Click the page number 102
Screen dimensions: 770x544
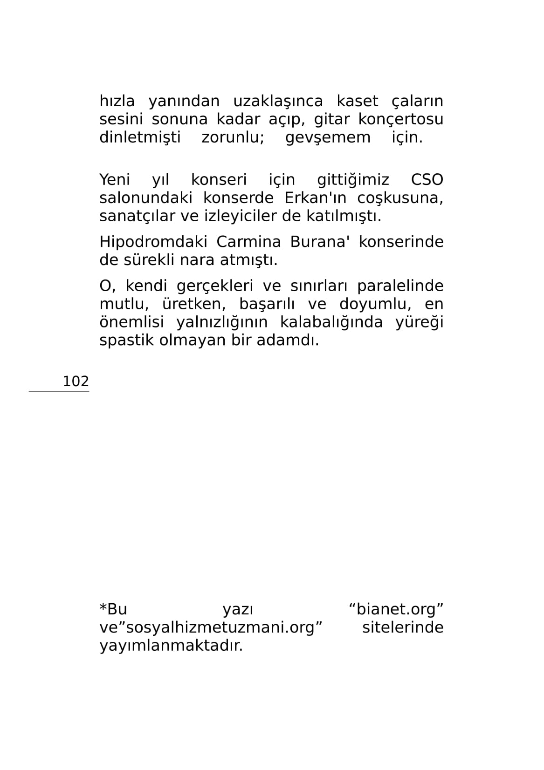(76, 381)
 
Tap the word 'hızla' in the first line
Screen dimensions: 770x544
(117, 101)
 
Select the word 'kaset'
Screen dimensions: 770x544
(358, 101)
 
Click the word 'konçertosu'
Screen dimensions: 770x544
(400, 119)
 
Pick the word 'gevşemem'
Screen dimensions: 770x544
(328, 137)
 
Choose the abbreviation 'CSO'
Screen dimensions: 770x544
(427, 180)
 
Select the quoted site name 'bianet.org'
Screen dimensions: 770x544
(396, 609)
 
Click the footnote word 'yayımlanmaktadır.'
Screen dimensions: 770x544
(171, 646)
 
